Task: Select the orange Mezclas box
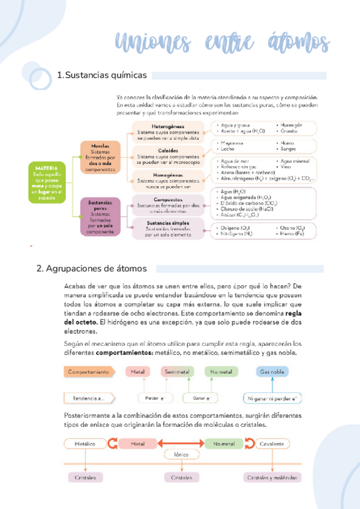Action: (x=100, y=157)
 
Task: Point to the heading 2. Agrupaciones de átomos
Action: (x=95, y=268)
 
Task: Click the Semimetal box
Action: (x=178, y=372)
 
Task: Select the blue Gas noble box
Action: (x=272, y=372)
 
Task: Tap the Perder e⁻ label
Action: (x=155, y=398)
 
